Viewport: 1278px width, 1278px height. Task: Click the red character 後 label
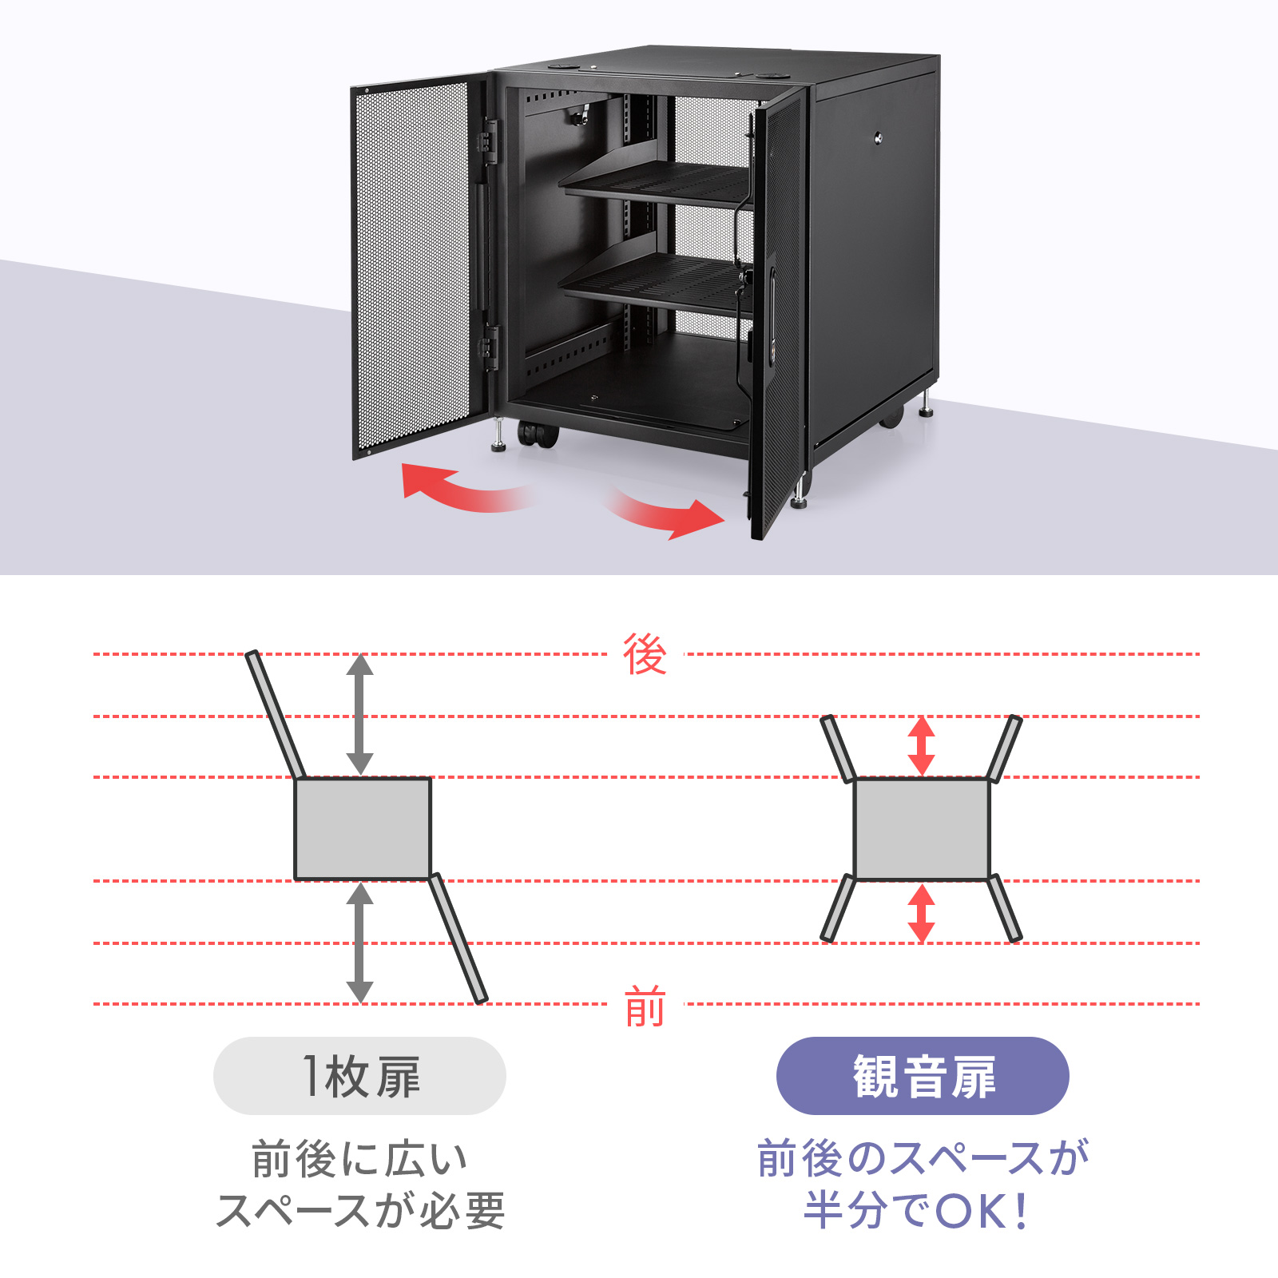tap(645, 654)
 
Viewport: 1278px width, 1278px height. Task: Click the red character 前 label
tap(645, 1006)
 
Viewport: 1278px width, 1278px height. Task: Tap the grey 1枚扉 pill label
tap(359, 1076)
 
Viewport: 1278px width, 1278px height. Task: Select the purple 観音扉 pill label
tap(923, 1076)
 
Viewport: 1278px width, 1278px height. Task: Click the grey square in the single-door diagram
tap(363, 829)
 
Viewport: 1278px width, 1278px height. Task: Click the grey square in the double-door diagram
tap(922, 829)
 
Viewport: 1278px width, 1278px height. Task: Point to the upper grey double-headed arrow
tap(360, 714)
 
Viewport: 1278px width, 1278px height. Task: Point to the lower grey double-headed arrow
tap(360, 943)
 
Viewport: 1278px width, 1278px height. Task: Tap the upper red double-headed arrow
tap(922, 745)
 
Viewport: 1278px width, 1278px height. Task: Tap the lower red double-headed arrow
tap(922, 913)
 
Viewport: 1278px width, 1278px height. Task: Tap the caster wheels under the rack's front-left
tap(538, 435)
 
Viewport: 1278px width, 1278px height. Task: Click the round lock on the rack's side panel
tap(879, 137)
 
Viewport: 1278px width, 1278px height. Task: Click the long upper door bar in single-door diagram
tap(276, 715)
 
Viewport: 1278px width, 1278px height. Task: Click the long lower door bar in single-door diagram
tap(458, 939)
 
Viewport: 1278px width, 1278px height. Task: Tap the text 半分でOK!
tap(917, 1210)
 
